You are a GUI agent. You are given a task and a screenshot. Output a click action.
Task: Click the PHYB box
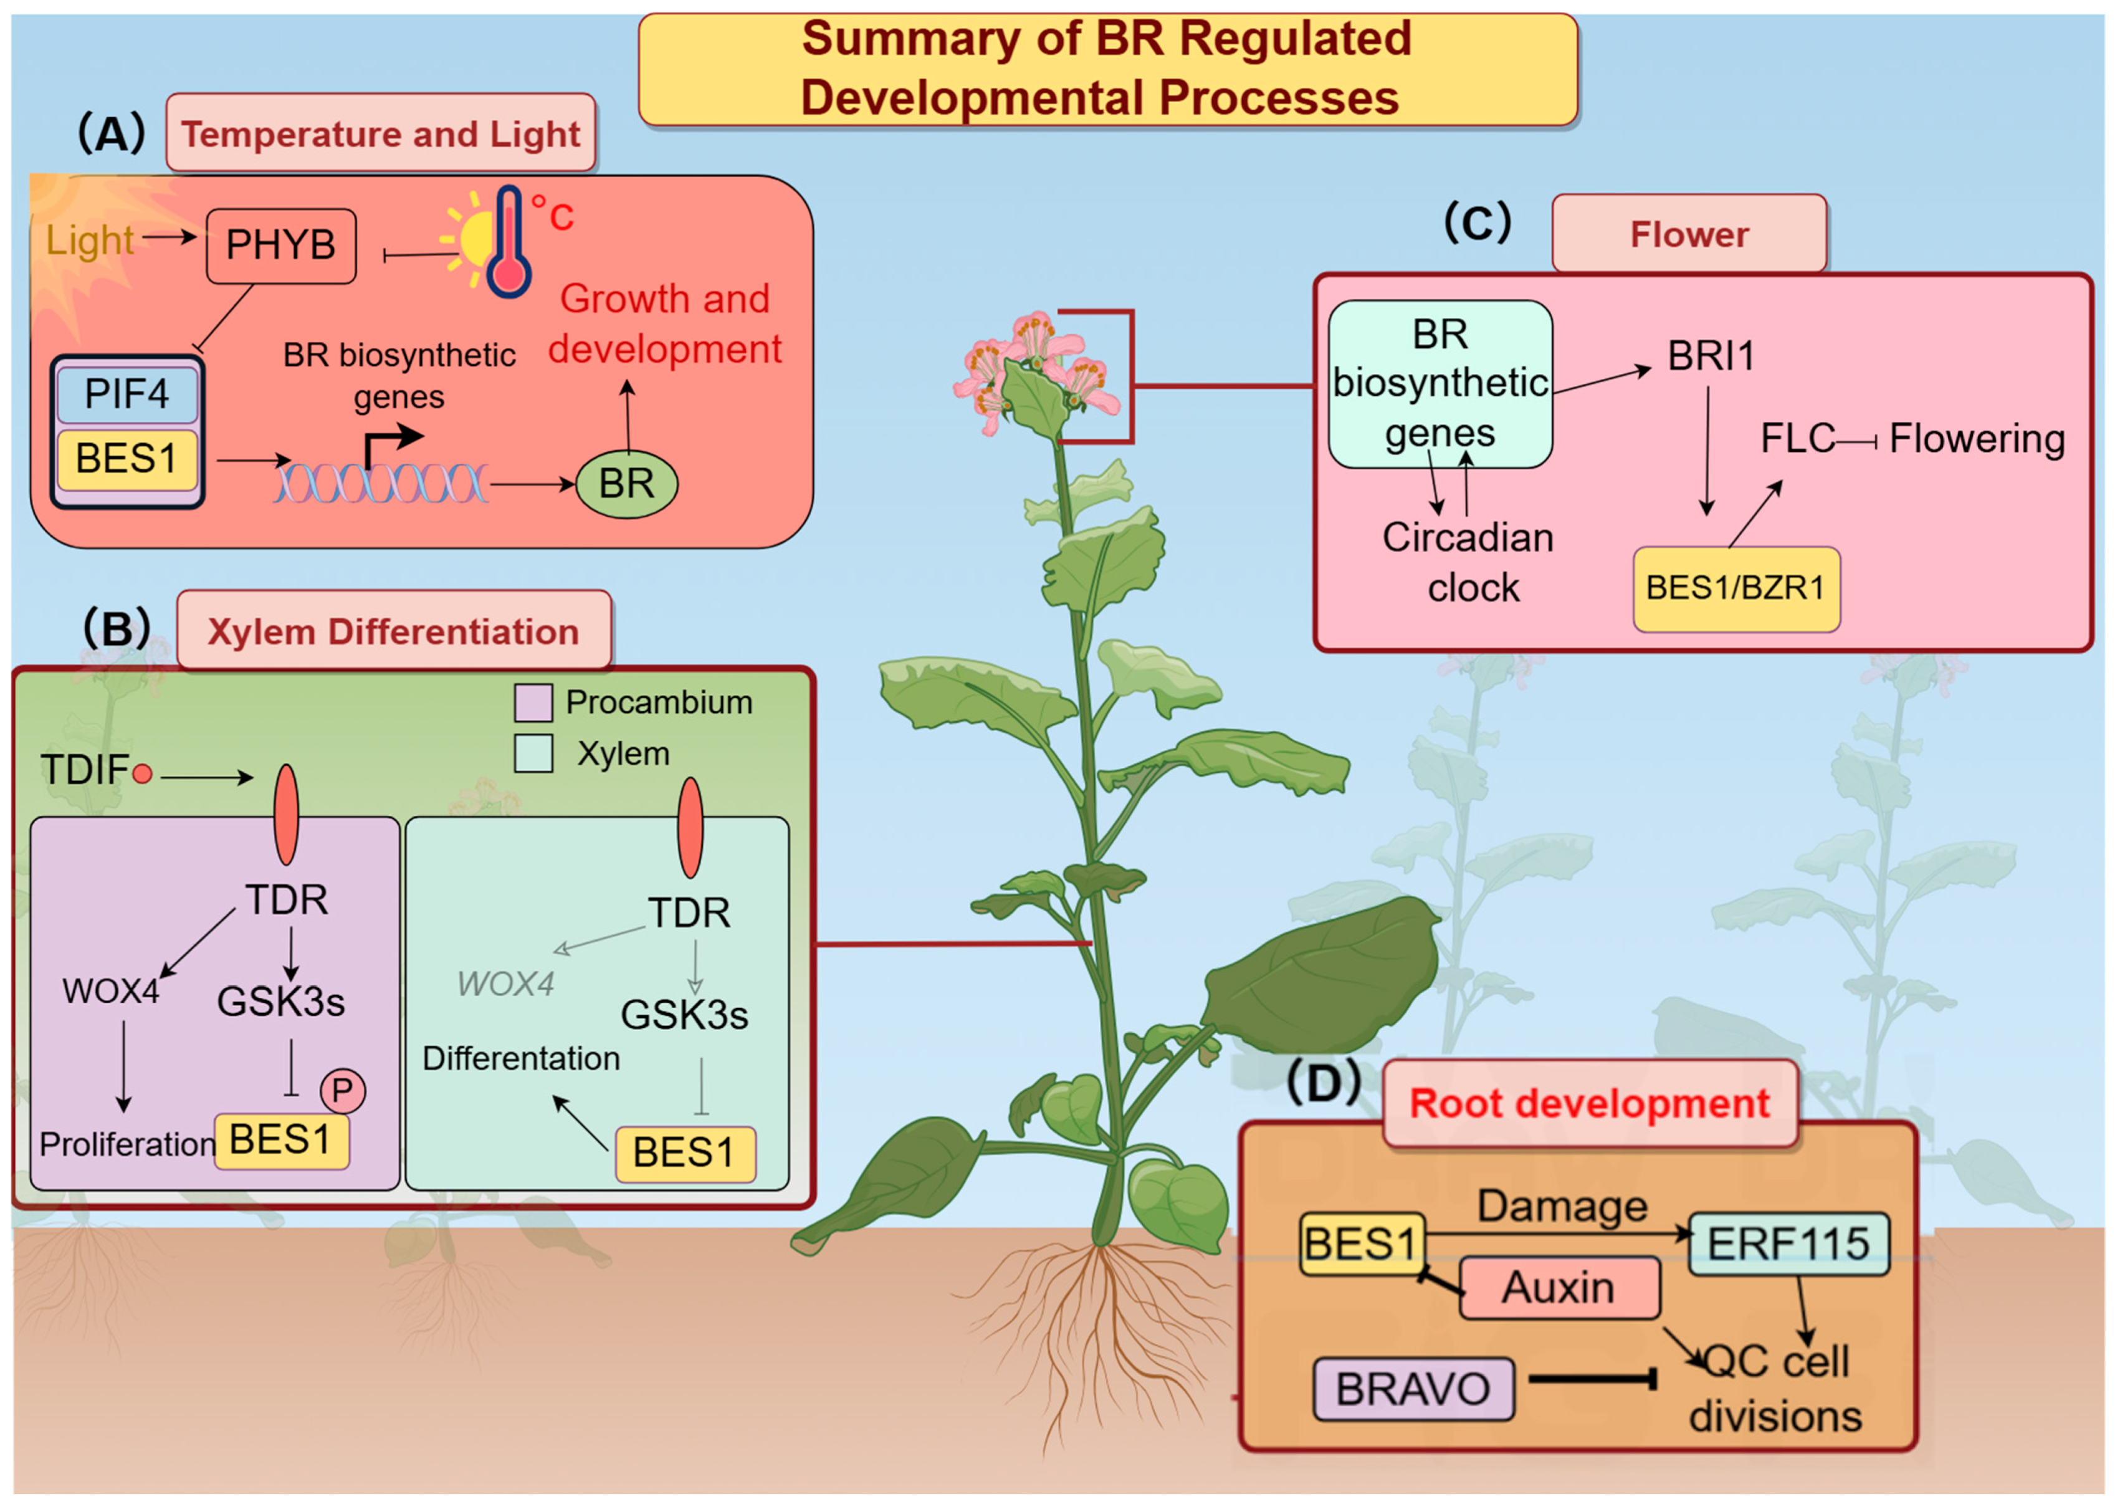[280, 246]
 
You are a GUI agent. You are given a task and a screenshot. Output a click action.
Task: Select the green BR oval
[626, 484]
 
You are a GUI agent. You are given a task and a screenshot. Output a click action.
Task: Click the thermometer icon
[508, 242]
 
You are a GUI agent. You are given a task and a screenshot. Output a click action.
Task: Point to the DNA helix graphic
[380, 484]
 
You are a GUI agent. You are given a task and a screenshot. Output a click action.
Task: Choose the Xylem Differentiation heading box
[394, 631]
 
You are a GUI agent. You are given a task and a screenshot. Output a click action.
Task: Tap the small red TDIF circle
[141, 774]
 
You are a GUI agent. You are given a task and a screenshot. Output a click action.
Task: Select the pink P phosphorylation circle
[343, 1091]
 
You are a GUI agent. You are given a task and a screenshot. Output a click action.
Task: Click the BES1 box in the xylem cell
[685, 1154]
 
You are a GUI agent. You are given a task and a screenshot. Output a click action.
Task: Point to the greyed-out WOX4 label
[505, 984]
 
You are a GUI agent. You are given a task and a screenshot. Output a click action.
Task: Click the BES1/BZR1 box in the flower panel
[1735, 589]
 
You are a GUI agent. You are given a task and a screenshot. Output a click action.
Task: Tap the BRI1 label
[1711, 357]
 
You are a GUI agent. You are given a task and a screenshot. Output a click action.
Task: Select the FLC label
[1797, 439]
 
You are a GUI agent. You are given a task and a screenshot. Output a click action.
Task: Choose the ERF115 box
[1788, 1243]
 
